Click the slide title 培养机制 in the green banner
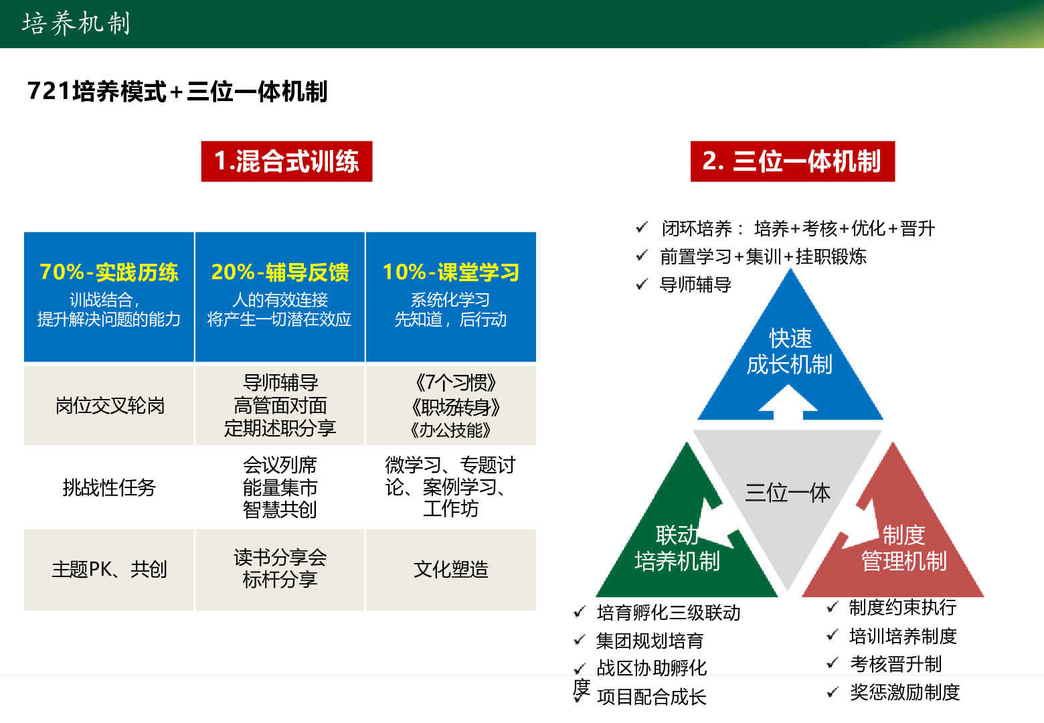pos(76,23)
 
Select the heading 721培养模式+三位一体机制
pos(177,91)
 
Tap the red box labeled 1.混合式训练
pos(286,161)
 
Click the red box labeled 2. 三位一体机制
pos(792,161)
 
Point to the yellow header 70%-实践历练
pos(108,272)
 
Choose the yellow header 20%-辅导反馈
pos(280,272)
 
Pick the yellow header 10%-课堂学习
pos(450,272)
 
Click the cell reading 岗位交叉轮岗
pos(110,406)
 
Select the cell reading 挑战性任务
pos(109,487)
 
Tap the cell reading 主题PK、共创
pos(109,569)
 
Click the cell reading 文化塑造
pos(450,569)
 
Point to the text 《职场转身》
pos(455,407)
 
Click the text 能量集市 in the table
pos(280,487)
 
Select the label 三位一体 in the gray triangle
pos(788,493)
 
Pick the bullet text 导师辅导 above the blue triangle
pos(695,285)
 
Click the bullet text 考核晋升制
pos(896,664)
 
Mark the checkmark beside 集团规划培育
pos(580,639)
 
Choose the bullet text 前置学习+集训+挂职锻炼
pos(763,256)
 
